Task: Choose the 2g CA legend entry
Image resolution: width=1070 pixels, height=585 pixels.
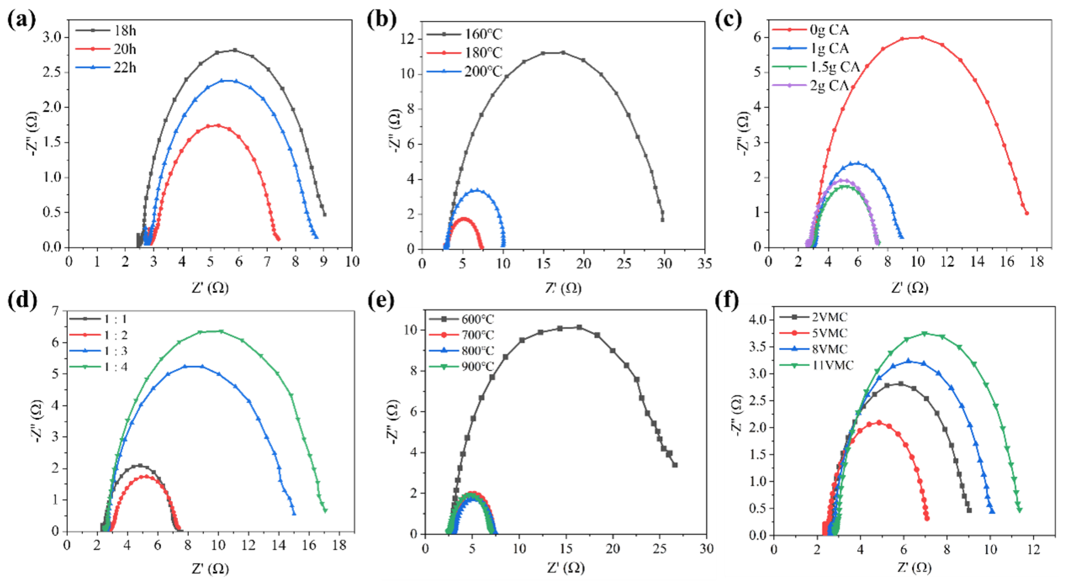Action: (829, 85)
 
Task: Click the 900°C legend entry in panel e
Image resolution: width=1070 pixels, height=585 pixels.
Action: (478, 366)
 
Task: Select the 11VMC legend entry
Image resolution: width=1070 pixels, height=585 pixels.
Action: (832, 366)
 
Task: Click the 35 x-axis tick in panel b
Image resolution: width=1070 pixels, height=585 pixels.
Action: (704, 263)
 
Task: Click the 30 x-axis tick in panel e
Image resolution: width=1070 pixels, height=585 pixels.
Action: (706, 548)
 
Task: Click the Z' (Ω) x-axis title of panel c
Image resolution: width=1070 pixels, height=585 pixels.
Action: (909, 287)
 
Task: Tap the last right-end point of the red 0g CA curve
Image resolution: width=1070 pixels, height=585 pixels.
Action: (1026, 213)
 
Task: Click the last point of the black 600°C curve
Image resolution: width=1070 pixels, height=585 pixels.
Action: (675, 465)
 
